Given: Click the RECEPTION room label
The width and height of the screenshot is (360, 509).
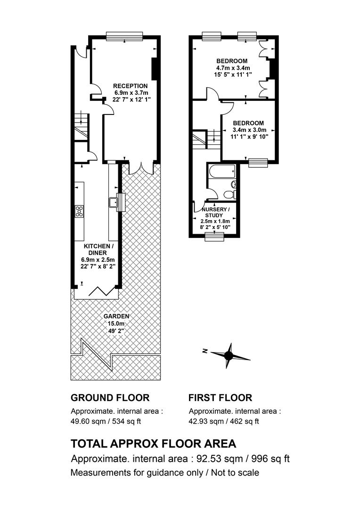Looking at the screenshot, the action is (x=130, y=86).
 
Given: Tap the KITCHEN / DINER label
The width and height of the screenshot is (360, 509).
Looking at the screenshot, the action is (x=98, y=250).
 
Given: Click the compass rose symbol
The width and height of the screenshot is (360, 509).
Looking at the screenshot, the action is (x=229, y=356).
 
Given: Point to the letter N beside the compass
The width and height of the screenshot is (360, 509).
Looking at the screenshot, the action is (x=205, y=351).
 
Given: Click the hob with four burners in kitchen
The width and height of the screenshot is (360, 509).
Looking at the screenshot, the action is (x=79, y=211).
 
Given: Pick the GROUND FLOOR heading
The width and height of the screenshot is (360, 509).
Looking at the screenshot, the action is (x=110, y=398).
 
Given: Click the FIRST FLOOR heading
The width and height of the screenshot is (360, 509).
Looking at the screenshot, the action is (x=221, y=398).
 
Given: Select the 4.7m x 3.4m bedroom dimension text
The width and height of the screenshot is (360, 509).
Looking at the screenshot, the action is (x=233, y=68).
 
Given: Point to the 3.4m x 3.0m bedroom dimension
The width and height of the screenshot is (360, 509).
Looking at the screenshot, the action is (x=249, y=130).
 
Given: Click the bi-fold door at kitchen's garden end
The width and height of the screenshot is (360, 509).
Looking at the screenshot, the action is (x=102, y=291).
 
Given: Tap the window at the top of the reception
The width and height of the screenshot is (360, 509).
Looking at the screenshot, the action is (x=124, y=36).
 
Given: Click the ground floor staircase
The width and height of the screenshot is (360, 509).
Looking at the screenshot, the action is (x=81, y=127).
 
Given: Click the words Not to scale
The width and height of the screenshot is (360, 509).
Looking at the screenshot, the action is (x=235, y=473).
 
